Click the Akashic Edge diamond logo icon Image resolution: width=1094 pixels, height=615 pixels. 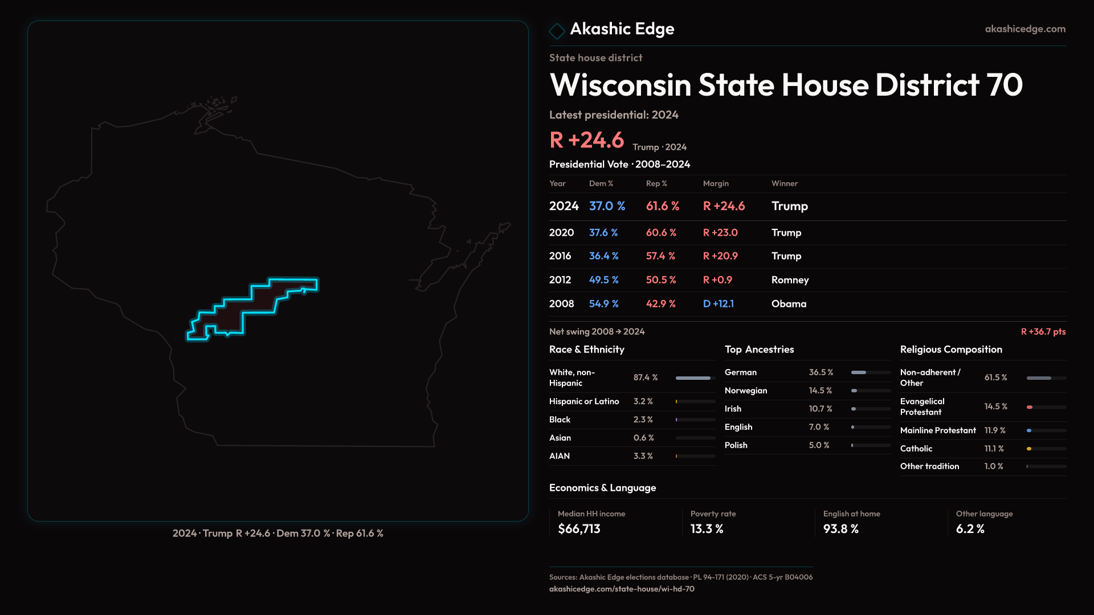tap(557, 31)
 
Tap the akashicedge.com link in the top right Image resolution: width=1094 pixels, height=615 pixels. tap(1024, 29)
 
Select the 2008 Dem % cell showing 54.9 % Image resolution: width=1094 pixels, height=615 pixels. tap(603, 304)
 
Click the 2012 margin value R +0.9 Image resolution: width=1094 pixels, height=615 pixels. tap(717, 280)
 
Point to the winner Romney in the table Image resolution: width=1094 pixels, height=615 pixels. tap(790, 280)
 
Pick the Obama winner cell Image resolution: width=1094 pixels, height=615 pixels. tap(789, 304)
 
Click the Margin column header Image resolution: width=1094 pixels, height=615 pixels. tap(716, 183)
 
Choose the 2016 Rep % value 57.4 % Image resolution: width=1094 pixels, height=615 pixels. tap(660, 256)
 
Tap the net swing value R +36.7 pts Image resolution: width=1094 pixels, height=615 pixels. tap(1043, 331)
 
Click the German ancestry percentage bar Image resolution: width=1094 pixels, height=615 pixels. tap(870, 372)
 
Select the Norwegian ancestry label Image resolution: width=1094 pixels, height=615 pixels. tap(746, 391)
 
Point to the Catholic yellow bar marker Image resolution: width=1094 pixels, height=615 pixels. tap(1029, 449)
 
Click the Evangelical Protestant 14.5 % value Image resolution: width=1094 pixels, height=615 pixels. tap(995, 407)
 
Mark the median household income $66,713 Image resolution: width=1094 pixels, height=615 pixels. tap(579, 529)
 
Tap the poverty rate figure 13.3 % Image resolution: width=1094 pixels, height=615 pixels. tap(707, 529)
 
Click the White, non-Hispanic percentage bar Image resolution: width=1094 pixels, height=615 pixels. tap(695, 378)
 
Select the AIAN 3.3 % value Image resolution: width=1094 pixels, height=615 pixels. tap(643, 456)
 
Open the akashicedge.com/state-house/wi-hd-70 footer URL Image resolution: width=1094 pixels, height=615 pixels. tap(622, 589)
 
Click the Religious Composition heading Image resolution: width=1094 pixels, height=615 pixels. tap(951, 350)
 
